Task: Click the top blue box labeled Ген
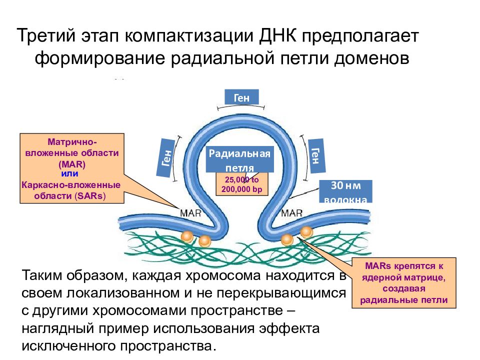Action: tap(241, 97)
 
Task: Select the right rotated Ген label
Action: tap(315, 156)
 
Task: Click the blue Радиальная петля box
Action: tap(239, 159)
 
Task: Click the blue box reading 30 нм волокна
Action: tap(345, 191)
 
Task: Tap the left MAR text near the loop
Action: tap(190, 213)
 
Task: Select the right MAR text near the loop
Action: tap(291, 213)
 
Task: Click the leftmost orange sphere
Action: tap(187, 237)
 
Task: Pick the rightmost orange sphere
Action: tap(306, 232)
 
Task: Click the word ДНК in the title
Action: tap(278, 35)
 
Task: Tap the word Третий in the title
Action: tap(46, 35)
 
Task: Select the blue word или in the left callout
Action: tap(70, 173)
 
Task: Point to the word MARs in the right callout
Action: tap(378, 265)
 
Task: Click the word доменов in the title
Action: tap(371, 58)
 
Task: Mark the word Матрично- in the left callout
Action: tap(72, 141)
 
